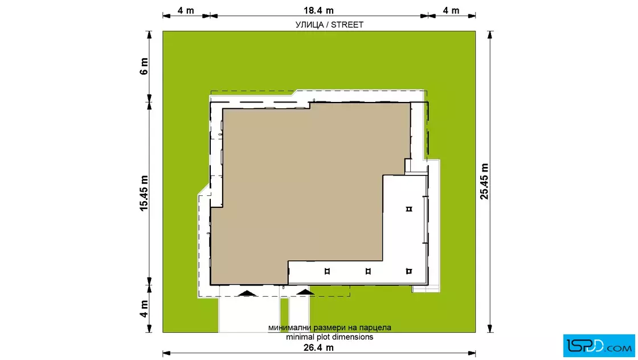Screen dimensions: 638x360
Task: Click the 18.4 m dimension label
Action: pos(318,10)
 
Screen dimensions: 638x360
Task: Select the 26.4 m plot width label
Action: pos(318,347)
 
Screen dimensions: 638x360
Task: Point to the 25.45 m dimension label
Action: pos(484,181)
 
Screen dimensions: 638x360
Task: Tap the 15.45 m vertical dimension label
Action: pos(144,193)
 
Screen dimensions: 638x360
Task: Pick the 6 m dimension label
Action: pos(144,66)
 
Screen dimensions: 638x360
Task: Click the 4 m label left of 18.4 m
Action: pos(186,10)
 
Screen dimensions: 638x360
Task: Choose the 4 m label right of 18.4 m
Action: pos(451,10)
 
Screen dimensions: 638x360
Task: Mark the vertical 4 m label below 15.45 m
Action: pos(144,309)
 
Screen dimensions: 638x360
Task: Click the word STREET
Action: pos(347,25)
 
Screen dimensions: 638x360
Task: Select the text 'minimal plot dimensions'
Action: pos(330,337)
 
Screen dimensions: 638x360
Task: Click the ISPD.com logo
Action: pos(599,346)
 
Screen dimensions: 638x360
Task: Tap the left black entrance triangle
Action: pos(247,293)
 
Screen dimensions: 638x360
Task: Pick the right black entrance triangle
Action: pos(305,292)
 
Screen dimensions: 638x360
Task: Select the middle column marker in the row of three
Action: pos(368,271)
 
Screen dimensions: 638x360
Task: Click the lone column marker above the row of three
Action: pos(409,209)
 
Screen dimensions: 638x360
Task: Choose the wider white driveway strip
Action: pos(250,314)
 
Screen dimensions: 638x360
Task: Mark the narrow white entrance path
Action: pos(299,314)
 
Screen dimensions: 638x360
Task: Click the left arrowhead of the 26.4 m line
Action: pos(166,353)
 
